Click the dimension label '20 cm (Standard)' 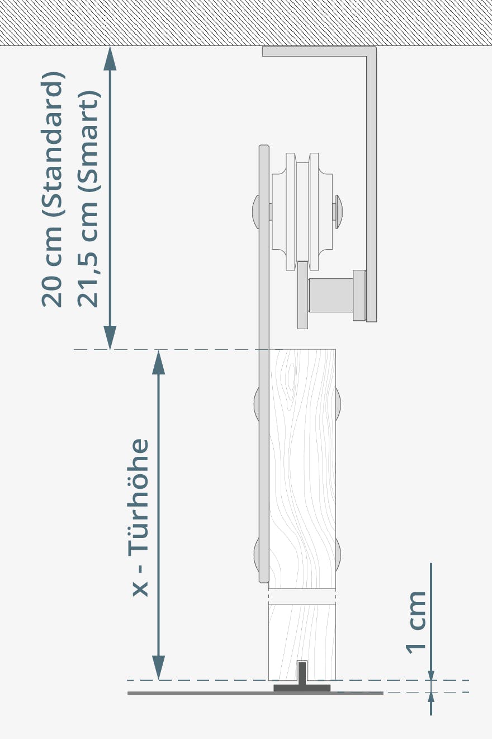52,189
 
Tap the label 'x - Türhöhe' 140,517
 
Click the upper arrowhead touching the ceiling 110,58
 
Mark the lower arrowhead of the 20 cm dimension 110,338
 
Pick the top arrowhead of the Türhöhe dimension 159,362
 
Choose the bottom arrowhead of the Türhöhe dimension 159,668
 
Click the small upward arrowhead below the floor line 431,698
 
